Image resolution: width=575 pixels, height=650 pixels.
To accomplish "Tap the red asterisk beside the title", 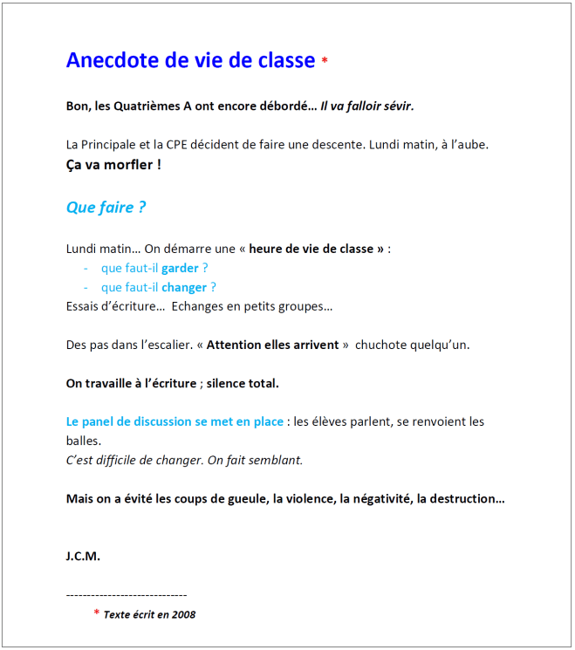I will pos(325,61).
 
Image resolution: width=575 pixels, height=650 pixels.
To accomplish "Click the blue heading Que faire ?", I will pos(106,208).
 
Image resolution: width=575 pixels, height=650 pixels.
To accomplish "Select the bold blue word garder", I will pos(180,268).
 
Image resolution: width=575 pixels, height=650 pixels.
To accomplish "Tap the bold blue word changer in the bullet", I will pos(184,287).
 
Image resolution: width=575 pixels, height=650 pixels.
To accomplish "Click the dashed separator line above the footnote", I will pos(127,595).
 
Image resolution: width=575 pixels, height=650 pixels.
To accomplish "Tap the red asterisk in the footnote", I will pos(96,613).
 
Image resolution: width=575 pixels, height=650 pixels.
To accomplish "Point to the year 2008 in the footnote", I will pos(184,614).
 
